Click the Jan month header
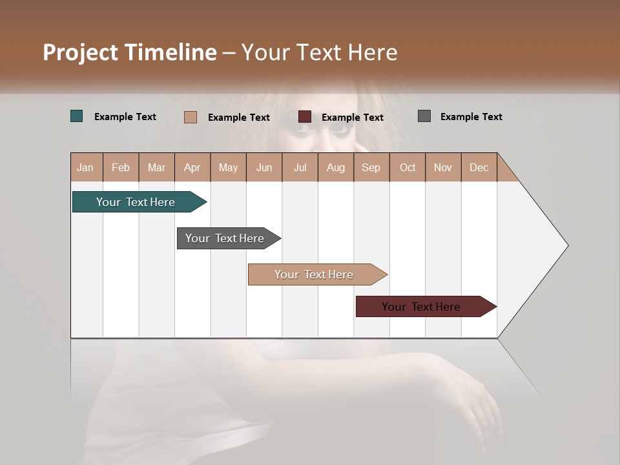point(86,167)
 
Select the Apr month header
point(192,167)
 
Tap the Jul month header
point(300,167)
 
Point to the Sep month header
point(371,167)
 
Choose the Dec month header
point(479,167)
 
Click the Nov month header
point(442,167)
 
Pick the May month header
point(228,167)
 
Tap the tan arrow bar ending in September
point(315,274)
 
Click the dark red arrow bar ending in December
point(423,307)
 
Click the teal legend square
point(77,116)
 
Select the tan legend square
point(191,117)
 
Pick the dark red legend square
point(305,117)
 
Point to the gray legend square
point(424,116)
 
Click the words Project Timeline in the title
point(129,52)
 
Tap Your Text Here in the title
point(320,52)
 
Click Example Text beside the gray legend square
point(471,117)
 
